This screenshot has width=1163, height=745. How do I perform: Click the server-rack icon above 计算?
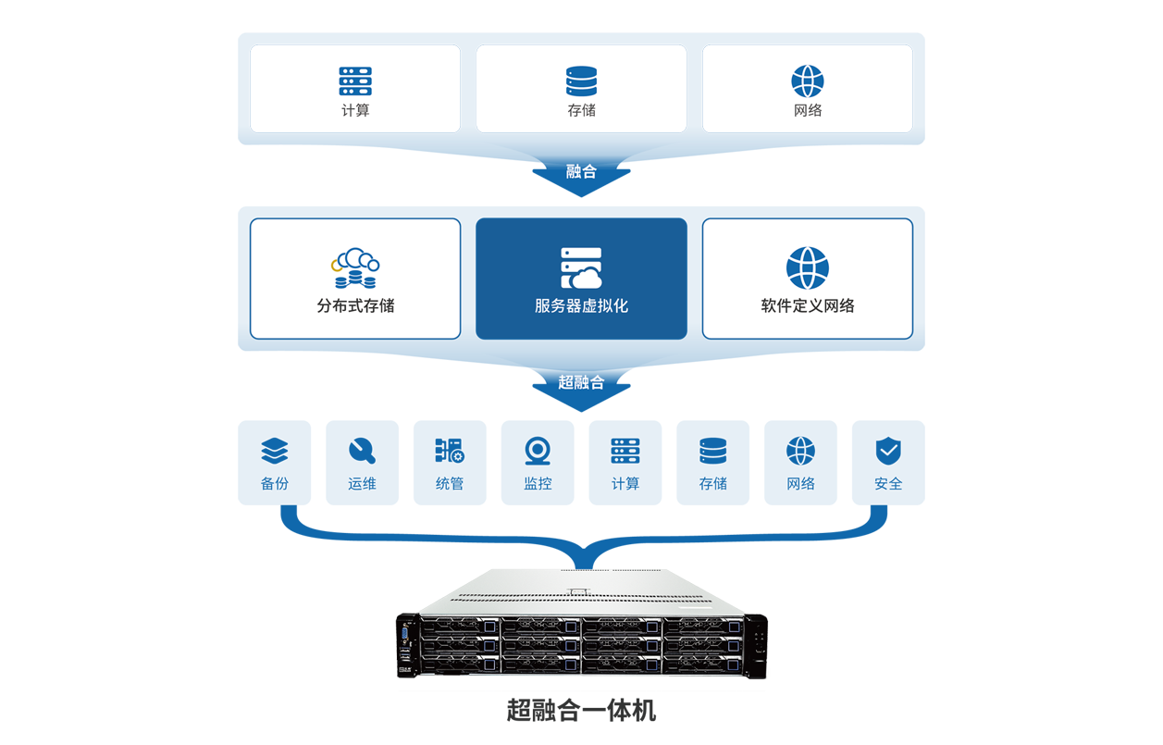point(355,81)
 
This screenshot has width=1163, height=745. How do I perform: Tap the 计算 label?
point(355,110)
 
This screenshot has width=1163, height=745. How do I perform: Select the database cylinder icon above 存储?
point(582,81)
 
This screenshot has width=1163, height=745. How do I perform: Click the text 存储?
point(582,110)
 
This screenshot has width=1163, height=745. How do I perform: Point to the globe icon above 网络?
point(808,81)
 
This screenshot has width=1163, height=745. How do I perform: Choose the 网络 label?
point(808,110)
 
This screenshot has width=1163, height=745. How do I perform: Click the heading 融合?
point(581,171)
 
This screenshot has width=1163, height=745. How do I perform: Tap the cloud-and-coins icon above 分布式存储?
point(356,268)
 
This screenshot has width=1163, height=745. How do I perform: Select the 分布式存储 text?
point(355,305)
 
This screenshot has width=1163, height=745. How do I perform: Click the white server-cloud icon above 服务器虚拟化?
point(581,267)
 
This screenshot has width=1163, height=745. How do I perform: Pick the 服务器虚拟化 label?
point(581,305)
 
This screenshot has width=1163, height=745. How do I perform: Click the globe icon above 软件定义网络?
point(808,268)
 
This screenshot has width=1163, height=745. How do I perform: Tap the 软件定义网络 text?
point(808,305)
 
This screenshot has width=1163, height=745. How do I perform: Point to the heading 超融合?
point(581,382)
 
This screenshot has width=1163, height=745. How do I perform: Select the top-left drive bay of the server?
point(460,627)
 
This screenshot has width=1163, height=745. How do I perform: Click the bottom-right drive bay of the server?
point(702,663)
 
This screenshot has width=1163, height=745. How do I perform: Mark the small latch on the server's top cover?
point(578,590)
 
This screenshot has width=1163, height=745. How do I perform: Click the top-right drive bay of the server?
point(702,627)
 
